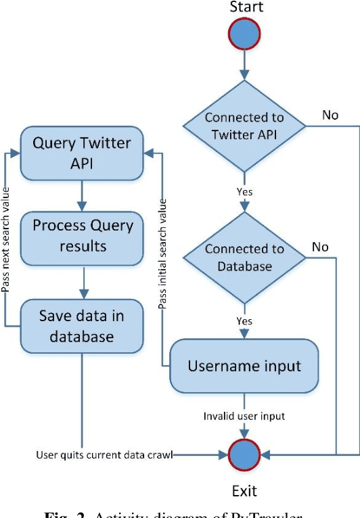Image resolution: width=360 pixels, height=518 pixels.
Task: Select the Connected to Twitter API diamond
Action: click(x=244, y=125)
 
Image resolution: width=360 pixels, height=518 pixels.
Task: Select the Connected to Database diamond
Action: click(x=244, y=258)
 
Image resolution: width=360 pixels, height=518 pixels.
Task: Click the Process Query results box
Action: click(x=82, y=235)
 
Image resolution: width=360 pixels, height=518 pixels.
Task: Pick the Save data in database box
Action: click(x=82, y=326)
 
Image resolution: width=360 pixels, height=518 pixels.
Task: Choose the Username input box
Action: click(x=244, y=366)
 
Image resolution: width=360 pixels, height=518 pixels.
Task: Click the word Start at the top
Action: click(x=247, y=7)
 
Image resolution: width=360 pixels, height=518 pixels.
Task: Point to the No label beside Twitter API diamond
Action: click(x=330, y=115)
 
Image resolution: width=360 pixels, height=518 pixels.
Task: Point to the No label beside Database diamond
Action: click(x=320, y=247)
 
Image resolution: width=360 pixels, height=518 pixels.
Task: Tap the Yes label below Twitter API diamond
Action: click(x=244, y=192)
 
